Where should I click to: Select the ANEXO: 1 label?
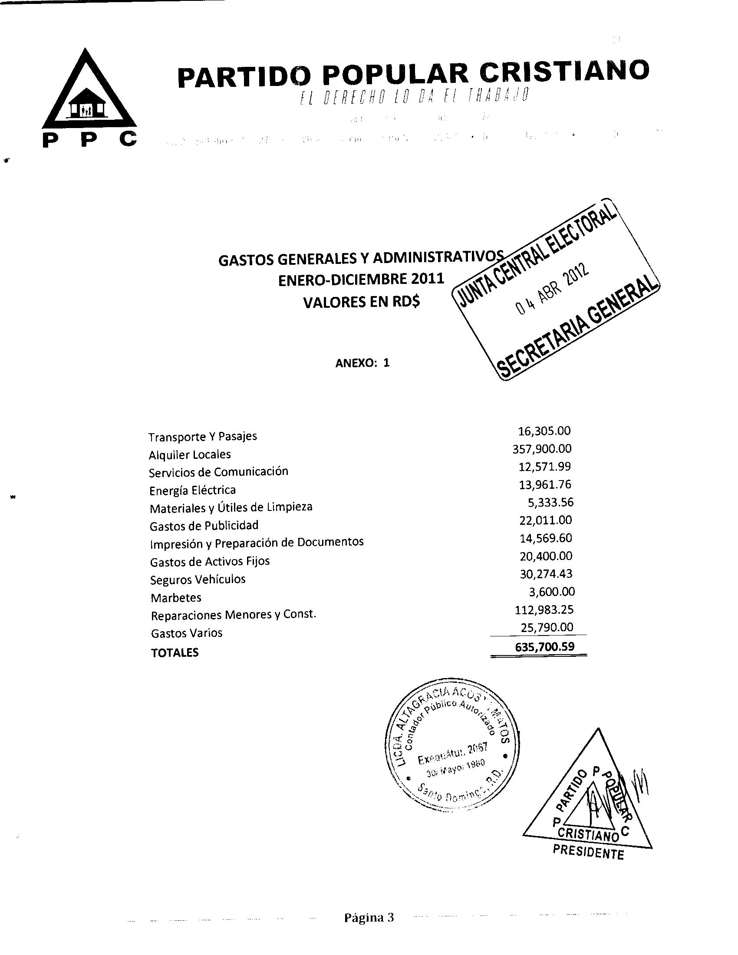pos(362,363)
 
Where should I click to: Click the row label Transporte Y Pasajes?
pos(203,436)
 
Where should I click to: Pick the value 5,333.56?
pos(550,502)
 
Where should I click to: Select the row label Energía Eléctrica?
pos(192,490)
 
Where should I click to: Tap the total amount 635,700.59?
pos(544,647)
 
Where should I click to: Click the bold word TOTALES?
pos(175,653)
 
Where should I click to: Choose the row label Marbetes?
pos(176,598)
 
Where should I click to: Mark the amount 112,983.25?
pos(544,609)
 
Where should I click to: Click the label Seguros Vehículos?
pos(198,580)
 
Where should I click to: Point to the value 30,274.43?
pos(546,574)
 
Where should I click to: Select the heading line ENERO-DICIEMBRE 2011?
pos(361,279)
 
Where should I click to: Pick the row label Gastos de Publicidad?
pos(204,526)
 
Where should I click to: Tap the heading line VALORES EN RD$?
pos(361,302)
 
